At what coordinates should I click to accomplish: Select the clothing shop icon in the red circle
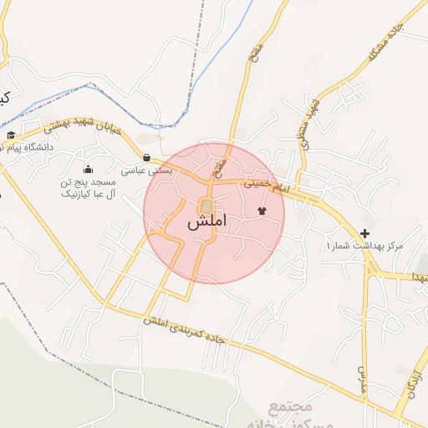click(262, 211)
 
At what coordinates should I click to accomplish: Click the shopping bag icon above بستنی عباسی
click(147, 157)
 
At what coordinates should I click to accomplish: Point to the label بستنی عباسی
click(147, 170)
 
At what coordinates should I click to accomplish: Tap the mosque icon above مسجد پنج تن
click(89, 171)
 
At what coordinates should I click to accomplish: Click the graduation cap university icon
click(10, 135)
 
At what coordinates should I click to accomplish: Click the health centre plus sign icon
click(364, 233)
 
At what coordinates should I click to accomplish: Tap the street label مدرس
click(364, 377)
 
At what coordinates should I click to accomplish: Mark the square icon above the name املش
click(206, 206)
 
